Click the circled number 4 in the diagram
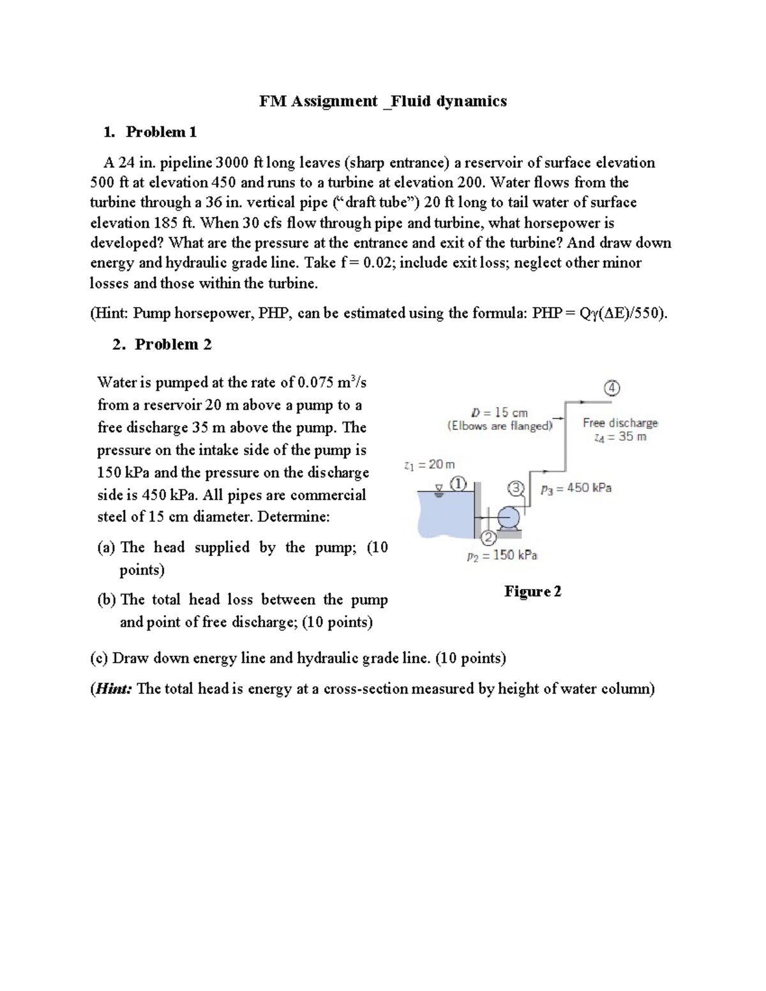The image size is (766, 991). [x=612, y=388]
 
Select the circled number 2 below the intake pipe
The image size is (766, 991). [x=487, y=538]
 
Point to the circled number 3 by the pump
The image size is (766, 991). [x=516, y=489]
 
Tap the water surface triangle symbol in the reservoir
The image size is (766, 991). [x=439, y=490]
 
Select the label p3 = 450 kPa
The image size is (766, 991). [x=576, y=488]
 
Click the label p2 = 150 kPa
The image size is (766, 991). [x=502, y=555]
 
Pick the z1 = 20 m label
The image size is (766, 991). [x=430, y=465]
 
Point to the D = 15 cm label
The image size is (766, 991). [x=499, y=412]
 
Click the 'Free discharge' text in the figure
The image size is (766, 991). [x=620, y=422]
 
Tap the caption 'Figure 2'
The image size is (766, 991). [x=532, y=592]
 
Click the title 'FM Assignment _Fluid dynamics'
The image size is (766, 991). [x=382, y=101]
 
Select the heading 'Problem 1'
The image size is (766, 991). [x=161, y=132]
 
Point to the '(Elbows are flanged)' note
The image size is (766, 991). [x=500, y=426]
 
